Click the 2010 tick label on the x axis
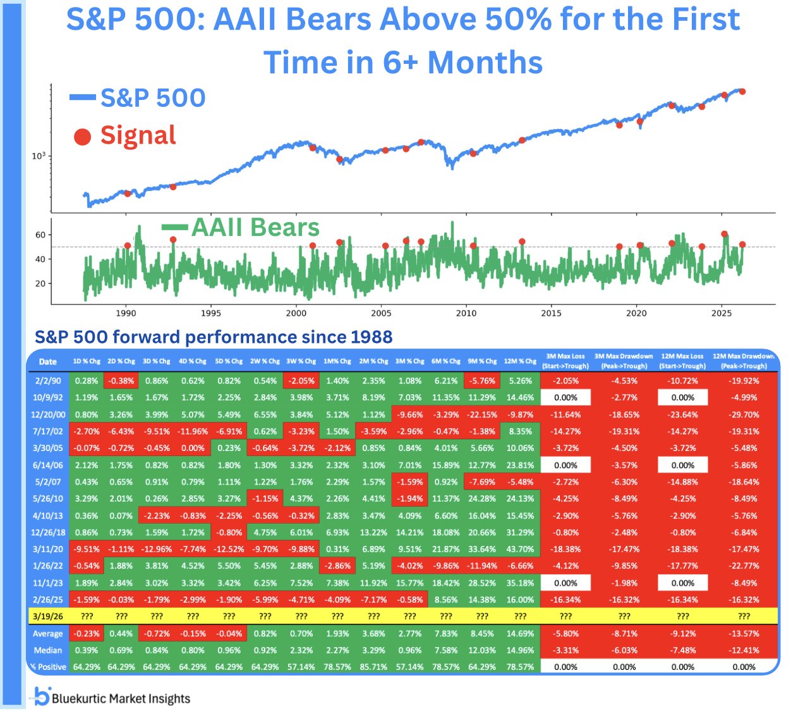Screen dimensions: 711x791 (x=466, y=313)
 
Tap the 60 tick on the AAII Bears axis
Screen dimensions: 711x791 (x=40, y=235)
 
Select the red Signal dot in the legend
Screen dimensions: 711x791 (x=83, y=137)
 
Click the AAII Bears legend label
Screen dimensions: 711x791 (x=255, y=228)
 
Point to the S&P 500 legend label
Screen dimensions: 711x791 (x=153, y=98)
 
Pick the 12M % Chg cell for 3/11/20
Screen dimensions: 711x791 (x=520, y=550)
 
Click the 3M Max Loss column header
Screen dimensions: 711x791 (x=565, y=361)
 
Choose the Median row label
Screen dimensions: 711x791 (x=48, y=650)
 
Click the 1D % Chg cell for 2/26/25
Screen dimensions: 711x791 (x=86, y=600)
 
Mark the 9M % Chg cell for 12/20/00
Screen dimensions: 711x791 (x=482, y=415)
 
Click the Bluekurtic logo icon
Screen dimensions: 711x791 (x=42, y=696)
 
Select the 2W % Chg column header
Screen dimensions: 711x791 (x=265, y=362)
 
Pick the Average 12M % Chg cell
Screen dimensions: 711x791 (x=520, y=633)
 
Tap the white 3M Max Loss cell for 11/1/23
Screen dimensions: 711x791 (x=565, y=583)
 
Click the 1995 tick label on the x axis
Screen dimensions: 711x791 (x=211, y=313)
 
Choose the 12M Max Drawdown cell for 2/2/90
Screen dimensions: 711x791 (x=744, y=381)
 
